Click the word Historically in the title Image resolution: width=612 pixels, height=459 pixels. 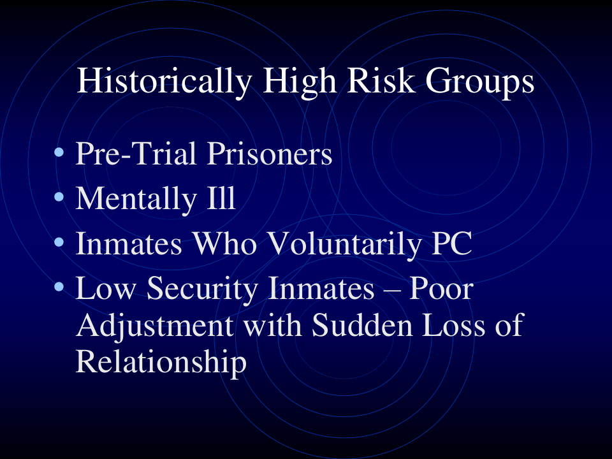coord(164,82)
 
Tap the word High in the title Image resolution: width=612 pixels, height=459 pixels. coord(300,82)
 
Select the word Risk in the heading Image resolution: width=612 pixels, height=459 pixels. coord(381,80)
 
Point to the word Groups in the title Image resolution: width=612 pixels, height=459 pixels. coord(479,82)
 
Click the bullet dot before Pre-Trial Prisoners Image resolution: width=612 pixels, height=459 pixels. coord(59,152)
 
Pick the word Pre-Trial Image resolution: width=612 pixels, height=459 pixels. coord(136,154)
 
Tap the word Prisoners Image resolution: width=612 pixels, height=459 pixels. coord(270,154)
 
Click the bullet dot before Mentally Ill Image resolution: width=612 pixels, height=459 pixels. coord(59,197)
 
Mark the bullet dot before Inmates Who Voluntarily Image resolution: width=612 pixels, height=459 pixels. coord(59,242)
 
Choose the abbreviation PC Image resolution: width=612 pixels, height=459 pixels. coord(452,243)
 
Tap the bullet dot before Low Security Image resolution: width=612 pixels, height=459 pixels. coord(59,288)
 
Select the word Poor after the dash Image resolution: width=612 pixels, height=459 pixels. coord(441,288)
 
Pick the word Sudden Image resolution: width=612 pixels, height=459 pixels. coord(362,324)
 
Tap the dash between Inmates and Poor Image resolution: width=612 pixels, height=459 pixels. coord(392,291)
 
